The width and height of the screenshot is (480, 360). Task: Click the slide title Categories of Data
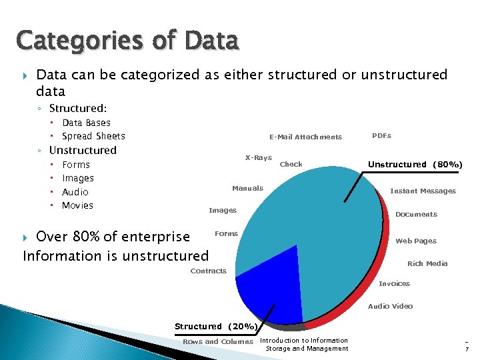tap(127, 41)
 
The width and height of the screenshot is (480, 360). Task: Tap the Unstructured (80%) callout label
tap(415, 164)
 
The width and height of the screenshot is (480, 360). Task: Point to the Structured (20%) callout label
tap(215, 326)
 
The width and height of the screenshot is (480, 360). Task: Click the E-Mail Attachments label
tap(305, 137)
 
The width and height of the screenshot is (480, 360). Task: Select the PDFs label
tap(381, 135)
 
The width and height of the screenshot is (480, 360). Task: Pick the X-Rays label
tap(258, 157)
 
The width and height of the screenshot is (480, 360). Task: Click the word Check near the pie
tap(291, 164)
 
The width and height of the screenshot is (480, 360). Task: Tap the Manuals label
tap(247, 188)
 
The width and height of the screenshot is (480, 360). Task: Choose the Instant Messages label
tap(423, 191)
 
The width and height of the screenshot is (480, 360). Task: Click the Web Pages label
tap(416, 241)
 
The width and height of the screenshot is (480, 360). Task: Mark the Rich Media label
tap(427, 263)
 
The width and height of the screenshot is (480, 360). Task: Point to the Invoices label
tap(394, 283)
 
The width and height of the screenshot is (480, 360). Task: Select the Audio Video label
tap(390, 306)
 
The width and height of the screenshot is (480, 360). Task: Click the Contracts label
tap(208, 271)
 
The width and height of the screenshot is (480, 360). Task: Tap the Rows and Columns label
tap(217, 342)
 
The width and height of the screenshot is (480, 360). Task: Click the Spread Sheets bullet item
tap(93, 136)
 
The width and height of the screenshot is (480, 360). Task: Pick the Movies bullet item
tap(77, 205)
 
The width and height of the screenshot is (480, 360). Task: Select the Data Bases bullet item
tap(86, 123)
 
